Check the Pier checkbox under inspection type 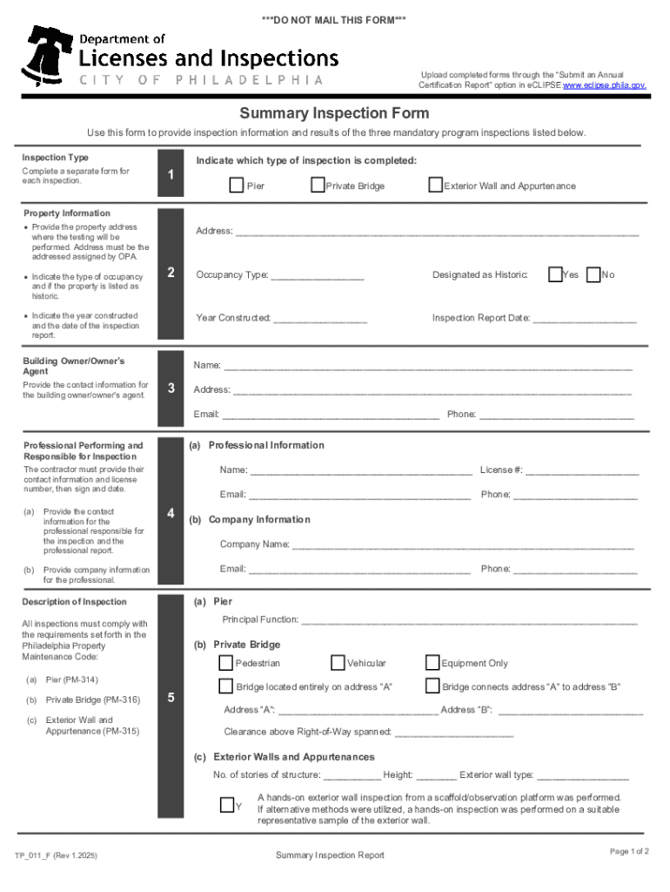(x=237, y=185)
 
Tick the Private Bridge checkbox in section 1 (x=318, y=185)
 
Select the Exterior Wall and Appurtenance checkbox (x=435, y=185)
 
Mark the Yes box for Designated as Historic (x=555, y=274)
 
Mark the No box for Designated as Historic (x=593, y=274)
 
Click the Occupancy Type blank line (x=318, y=276)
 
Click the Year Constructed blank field (x=320, y=319)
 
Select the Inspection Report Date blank (x=585, y=319)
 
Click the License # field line (x=582, y=471)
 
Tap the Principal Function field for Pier (x=470, y=621)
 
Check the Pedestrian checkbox (x=226, y=663)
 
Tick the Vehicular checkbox (x=338, y=663)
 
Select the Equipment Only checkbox (x=432, y=663)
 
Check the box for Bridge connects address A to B (x=432, y=686)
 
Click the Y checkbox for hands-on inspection (x=227, y=804)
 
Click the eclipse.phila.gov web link (x=605, y=85)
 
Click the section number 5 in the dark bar (x=171, y=697)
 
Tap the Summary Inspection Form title (x=334, y=114)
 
